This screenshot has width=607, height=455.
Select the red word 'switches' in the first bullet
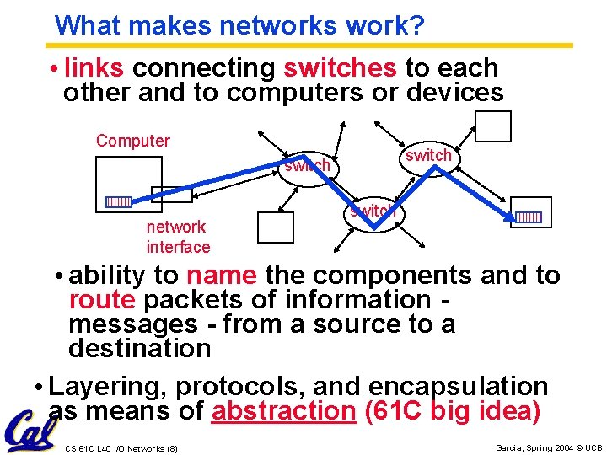340,67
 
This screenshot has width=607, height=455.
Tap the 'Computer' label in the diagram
133,141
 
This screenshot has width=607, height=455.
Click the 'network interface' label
177,237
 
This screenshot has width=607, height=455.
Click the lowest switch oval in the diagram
373,211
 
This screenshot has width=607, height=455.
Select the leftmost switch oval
307,166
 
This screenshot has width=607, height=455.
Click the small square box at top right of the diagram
492,126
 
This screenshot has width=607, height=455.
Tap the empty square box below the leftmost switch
274,228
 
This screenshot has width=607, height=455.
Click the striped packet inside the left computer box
118,202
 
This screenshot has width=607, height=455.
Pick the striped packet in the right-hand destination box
529,217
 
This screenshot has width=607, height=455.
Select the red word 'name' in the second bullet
222,276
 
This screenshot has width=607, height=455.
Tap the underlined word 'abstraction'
285,411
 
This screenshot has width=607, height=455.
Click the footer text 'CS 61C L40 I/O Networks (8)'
121,448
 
